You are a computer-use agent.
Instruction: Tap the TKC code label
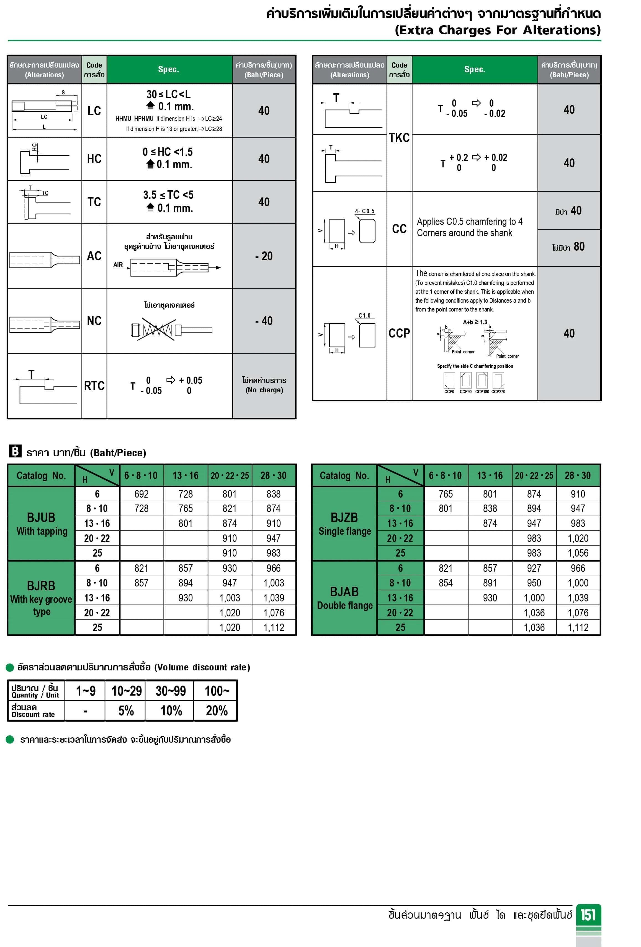click(399, 138)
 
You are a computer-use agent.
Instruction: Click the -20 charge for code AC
click(264, 256)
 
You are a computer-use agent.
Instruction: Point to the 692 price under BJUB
click(141, 494)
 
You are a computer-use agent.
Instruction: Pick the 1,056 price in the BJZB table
click(578, 553)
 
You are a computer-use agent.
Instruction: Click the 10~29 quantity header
click(126, 691)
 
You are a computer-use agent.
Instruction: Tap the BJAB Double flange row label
click(344, 598)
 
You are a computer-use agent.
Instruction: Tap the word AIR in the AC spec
click(118, 265)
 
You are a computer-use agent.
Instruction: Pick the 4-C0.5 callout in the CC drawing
click(364, 211)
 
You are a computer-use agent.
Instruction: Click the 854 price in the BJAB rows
click(446, 583)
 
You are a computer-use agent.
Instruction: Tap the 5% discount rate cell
click(126, 710)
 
